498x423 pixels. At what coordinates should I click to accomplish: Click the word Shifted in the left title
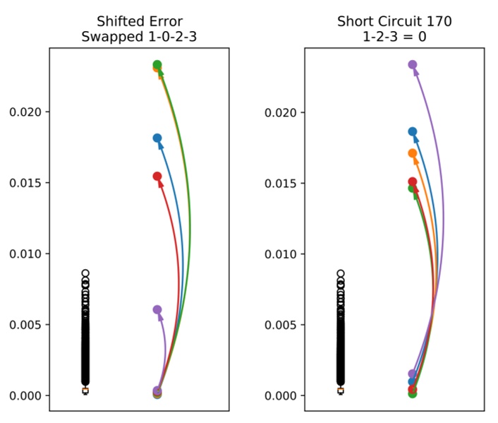click(123, 21)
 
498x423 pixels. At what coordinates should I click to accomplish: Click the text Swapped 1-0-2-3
click(138, 37)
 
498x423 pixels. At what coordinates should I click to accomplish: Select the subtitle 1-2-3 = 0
click(394, 37)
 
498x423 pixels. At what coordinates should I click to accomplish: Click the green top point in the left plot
click(157, 65)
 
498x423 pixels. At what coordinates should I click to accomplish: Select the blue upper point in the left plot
click(157, 138)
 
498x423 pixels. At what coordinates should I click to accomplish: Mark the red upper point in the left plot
click(157, 177)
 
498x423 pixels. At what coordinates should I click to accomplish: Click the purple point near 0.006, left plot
click(157, 310)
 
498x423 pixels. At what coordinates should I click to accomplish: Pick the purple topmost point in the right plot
click(413, 65)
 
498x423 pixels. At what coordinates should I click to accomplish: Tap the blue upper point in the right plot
click(413, 131)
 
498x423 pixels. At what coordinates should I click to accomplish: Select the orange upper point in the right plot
click(413, 153)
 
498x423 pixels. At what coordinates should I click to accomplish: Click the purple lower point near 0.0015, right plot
click(413, 374)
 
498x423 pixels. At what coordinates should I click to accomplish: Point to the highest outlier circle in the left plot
click(85, 273)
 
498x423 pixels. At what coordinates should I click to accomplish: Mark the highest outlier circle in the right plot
click(341, 273)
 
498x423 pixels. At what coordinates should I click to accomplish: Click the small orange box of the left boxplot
click(85, 391)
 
